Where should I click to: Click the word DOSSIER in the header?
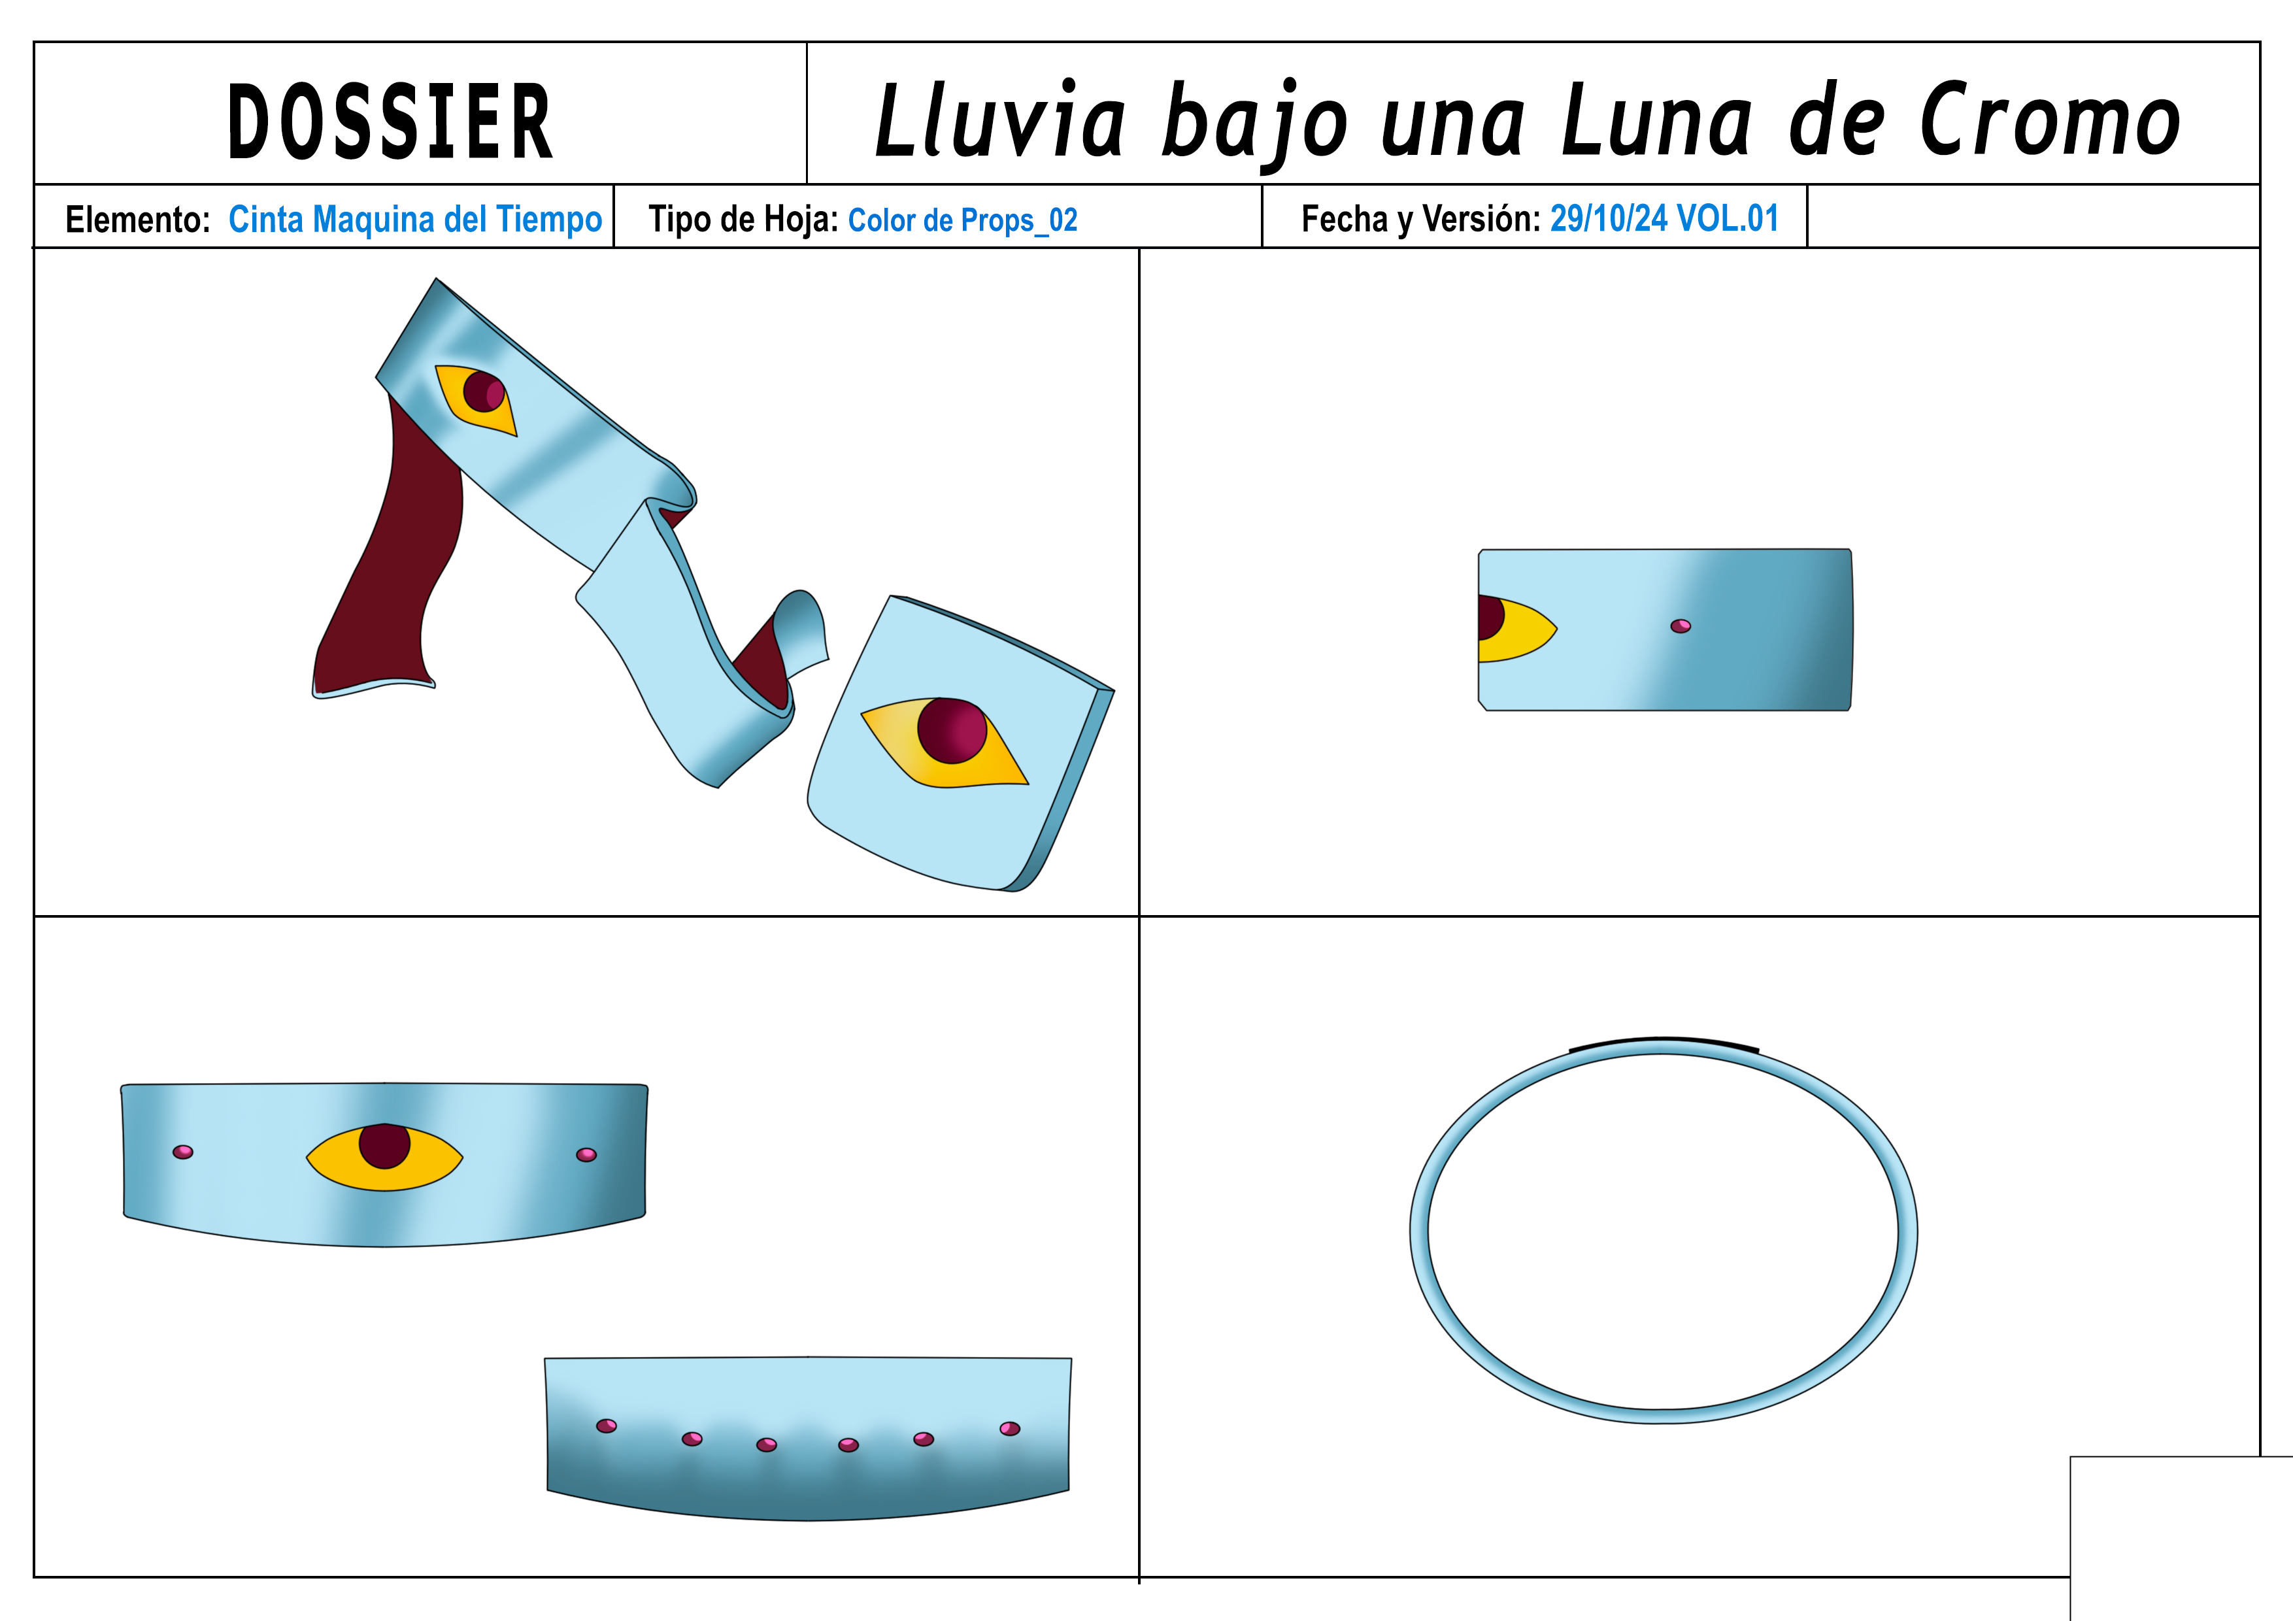[390, 122]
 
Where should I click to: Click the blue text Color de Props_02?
[963, 220]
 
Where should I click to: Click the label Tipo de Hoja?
[743, 219]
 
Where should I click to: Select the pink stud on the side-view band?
[1681, 626]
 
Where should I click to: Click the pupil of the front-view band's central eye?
[384, 1146]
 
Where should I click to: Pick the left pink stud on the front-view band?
[183, 1152]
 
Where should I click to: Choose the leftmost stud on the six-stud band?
[606, 1426]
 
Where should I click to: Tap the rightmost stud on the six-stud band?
[1010, 1428]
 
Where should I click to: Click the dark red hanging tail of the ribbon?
[395, 560]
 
